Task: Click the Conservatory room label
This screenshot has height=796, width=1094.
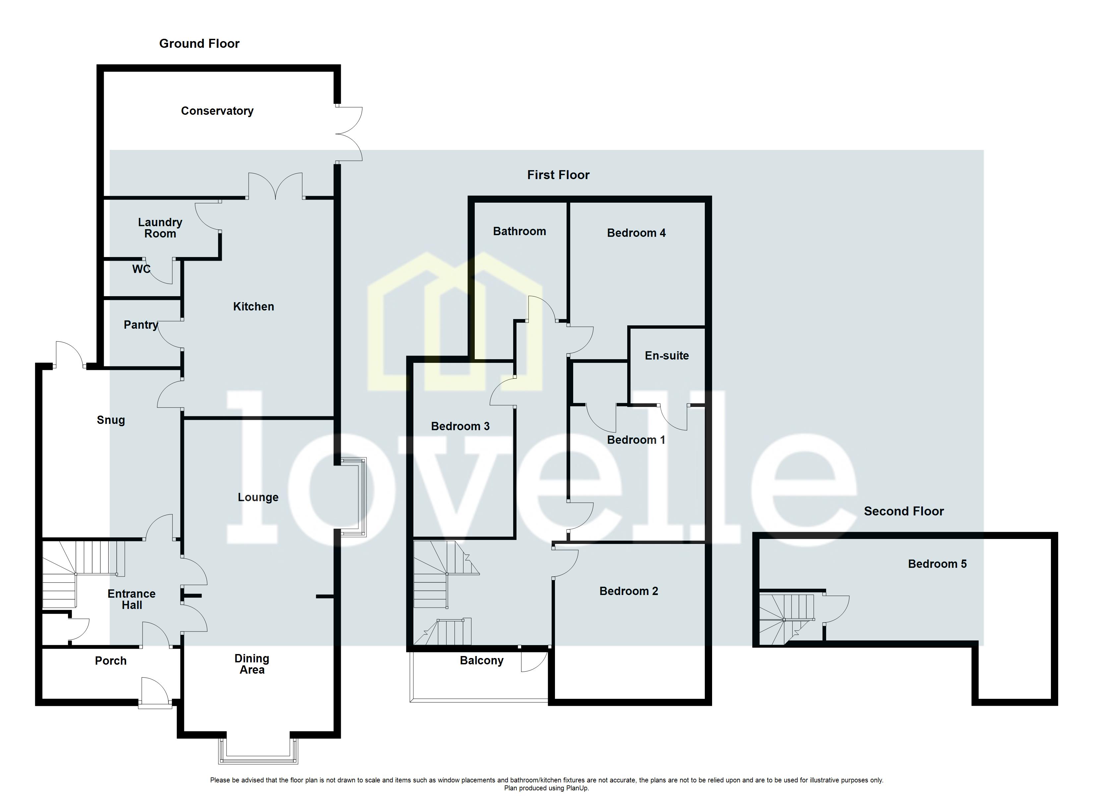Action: pyautogui.click(x=217, y=111)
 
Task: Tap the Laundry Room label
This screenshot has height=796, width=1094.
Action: pyautogui.click(x=160, y=228)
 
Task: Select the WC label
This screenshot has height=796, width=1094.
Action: pyautogui.click(x=141, y=269)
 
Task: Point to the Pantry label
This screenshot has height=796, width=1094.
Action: pyautogui.click(x=140, y=325)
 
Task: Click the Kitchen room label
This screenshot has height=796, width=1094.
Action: pyautogui.click(x=253, y=306)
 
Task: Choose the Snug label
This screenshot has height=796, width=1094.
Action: pyautogui.click(x=111, y=420)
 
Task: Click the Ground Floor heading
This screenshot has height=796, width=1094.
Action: pyautogui.click(x=199, y=43)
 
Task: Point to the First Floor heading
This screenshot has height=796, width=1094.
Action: pyautogui.click(x=558, y=175)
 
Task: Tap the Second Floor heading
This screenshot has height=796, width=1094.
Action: pyautogui.click(x=903, y=511)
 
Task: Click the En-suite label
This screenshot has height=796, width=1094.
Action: pyautogui.click(x=667, y=356)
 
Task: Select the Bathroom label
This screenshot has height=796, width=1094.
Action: pyautogui.click(x=519, y=231)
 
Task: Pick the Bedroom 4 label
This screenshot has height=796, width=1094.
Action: pyautogui.click(x=636, y=233)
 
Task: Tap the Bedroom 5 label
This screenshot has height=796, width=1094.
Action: pyautogui.click(x=937, y=564)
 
